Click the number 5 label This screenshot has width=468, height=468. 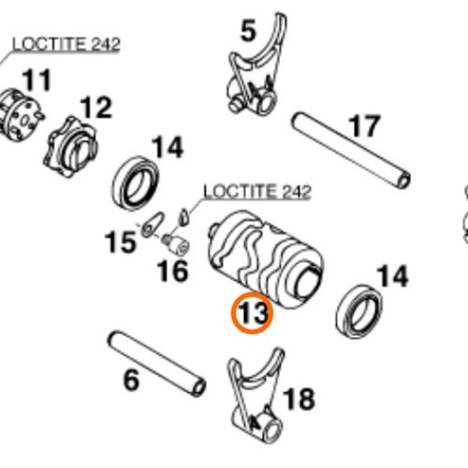(x=248, y=31)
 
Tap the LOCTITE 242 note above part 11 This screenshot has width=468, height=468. (x=66, y=44)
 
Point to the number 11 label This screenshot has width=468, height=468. (x=37, y=80)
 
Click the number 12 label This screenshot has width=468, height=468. (x=96, y=108)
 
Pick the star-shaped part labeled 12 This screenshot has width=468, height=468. (x=70, y=147)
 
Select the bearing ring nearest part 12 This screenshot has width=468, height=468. (x=136, y=183)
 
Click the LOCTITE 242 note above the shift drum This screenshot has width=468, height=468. (x=257, y=191)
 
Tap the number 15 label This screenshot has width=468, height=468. (x=121, y=241)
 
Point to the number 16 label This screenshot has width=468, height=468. (x=173, y=271)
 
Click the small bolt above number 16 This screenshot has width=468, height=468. (x=176, y=245)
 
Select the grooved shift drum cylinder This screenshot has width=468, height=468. (x=266, y=259)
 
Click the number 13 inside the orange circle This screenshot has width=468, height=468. (x=252, y=313)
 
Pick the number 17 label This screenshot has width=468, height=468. (x=364, y=125)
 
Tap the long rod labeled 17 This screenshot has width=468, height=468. (x=351, y=151)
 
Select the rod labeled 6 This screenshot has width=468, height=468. (x=156, y=364)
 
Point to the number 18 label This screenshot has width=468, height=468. (x=299, y=399)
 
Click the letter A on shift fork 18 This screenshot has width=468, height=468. (x=255, y=423)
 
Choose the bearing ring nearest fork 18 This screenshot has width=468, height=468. (x=359, y=311)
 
